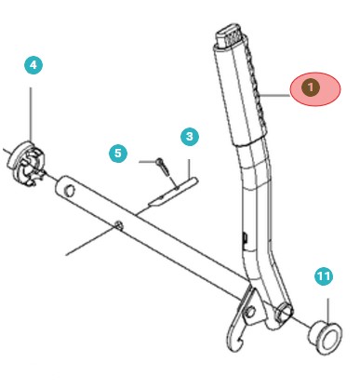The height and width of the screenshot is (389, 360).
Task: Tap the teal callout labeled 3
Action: [x=189, y=137]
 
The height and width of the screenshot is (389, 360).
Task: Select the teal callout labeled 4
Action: [x=32, y=65]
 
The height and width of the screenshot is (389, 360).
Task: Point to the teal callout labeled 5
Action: [x=117, y=152]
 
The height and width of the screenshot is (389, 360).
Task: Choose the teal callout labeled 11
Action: [x=323, y=276]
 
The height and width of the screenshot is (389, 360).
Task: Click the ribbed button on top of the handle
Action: [x=229, y=37]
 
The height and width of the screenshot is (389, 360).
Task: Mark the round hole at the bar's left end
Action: [x=68, y=190]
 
